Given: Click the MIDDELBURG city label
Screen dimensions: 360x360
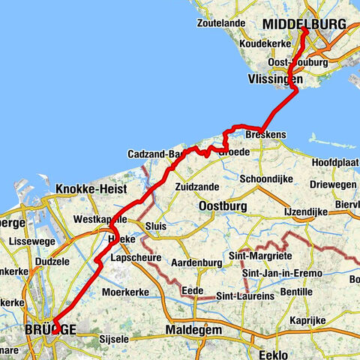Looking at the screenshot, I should (304, 25).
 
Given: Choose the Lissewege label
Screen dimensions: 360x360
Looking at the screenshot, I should (33, 242).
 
